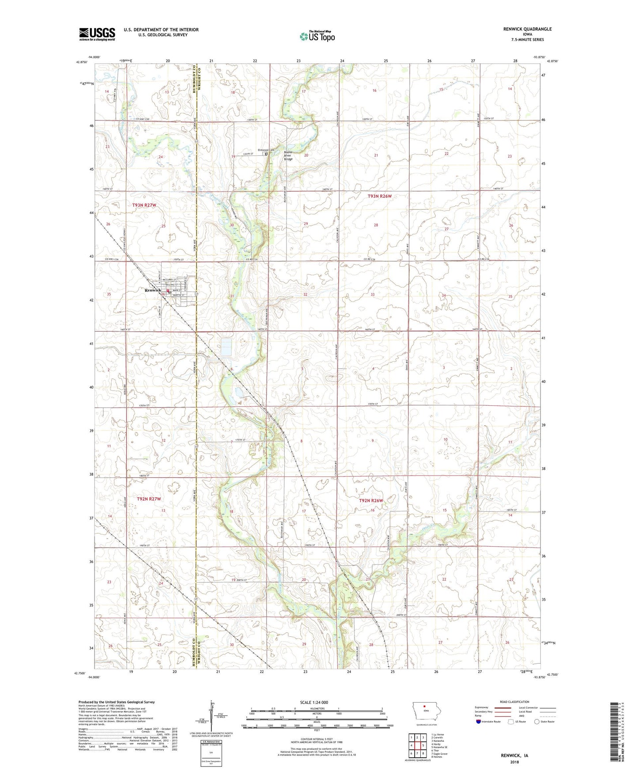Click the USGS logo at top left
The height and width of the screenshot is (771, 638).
click(97, 34)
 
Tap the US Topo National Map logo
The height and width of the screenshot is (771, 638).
click(317, 36)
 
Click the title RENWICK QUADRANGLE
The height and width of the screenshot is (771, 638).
click(527, 29)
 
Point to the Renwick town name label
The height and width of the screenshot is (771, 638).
click(153, 290)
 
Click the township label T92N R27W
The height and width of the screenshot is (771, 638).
click(149, 499)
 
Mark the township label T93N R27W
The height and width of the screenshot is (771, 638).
click(144, 205)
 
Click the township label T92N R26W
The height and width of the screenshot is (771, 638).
click(371, 500)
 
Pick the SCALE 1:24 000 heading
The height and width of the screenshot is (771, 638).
click(314, 702)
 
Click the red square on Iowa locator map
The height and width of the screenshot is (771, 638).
click(424, 705)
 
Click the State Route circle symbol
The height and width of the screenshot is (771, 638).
click(536, 722)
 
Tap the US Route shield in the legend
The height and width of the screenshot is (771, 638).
click(511, 722)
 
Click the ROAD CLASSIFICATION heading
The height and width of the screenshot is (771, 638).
click(514, 702)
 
